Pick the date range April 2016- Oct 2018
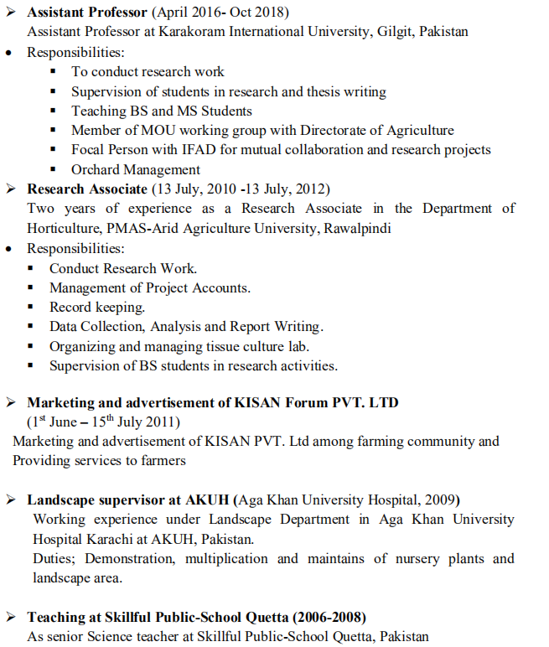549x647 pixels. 218,13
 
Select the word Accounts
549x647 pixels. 219,287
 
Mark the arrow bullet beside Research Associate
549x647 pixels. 11,189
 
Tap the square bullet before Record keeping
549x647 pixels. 31,308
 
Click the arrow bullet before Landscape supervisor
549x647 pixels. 11,500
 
